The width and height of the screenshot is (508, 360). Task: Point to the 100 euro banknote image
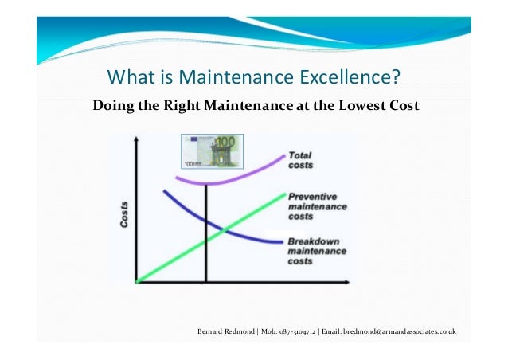point(212,152)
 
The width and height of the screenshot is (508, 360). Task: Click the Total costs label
point(300,160)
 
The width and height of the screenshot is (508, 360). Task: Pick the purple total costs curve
point(239,178)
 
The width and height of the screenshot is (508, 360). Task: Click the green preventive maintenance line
point(175,254)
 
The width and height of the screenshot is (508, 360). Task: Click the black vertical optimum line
point(205,255)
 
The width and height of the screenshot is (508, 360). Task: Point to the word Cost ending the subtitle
point(401,105)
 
